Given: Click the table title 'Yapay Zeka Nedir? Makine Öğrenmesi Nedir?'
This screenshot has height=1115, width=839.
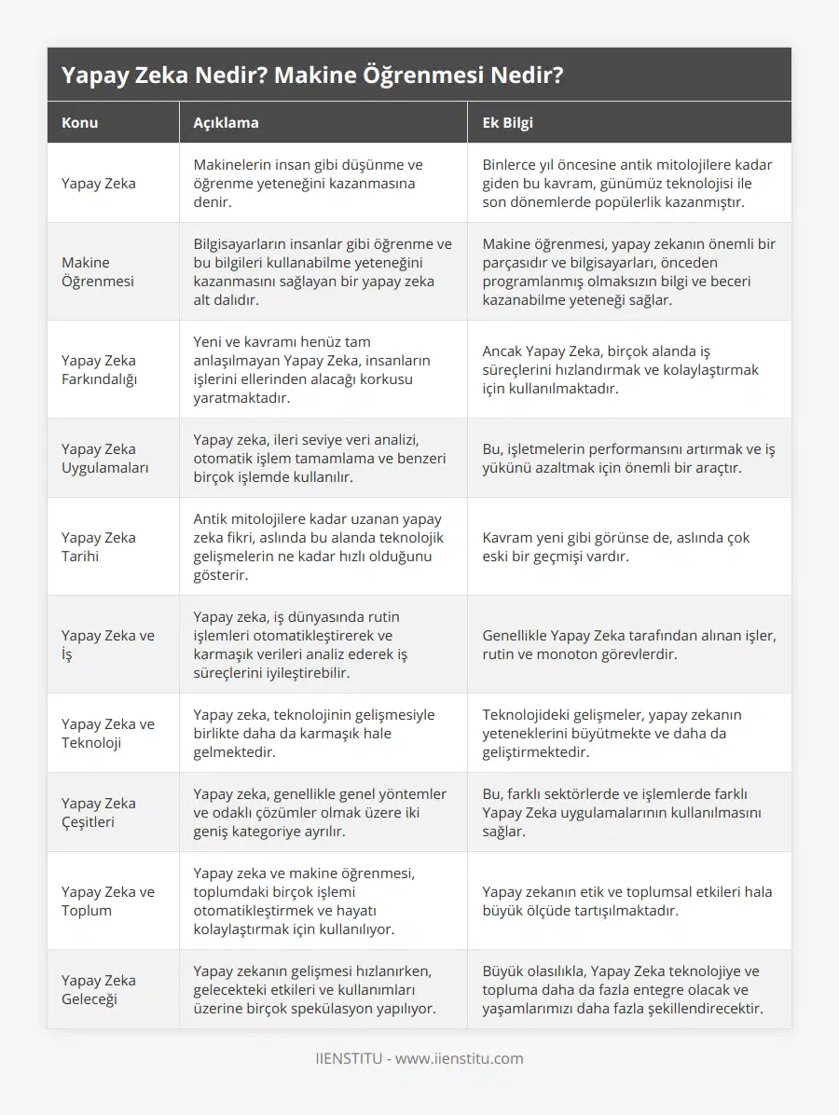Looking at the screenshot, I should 311,76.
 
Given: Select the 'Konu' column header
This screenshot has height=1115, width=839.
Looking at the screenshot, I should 80,122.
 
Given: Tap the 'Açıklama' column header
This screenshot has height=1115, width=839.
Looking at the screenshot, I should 226,122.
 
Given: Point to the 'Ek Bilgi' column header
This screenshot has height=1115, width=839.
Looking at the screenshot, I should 507,122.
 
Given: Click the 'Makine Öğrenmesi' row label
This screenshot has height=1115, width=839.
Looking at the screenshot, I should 99,271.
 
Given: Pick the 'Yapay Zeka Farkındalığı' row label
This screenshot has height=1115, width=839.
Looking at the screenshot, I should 99,369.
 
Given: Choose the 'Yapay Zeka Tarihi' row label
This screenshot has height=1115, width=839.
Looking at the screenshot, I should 99,546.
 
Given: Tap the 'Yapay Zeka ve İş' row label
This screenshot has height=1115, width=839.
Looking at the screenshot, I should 108,644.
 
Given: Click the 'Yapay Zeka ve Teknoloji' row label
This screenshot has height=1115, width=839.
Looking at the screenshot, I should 108,733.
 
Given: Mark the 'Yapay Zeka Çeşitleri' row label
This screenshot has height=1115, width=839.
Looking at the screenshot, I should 99,812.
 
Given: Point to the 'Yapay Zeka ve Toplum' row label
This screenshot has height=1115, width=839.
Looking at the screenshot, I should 108,901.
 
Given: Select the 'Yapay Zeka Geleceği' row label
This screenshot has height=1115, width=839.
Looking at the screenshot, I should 99,989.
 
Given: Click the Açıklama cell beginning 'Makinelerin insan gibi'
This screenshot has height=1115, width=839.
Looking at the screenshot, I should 308,183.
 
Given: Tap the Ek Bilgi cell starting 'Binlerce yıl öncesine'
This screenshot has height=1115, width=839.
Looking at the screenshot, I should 627,183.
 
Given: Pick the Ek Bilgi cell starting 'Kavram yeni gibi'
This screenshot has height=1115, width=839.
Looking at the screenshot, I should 615,546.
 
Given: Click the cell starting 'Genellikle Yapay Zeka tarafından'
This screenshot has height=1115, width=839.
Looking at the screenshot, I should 629,644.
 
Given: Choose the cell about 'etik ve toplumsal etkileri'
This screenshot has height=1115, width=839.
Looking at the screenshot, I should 626,901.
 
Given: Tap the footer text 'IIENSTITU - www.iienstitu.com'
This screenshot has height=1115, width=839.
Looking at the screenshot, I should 419,1058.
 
